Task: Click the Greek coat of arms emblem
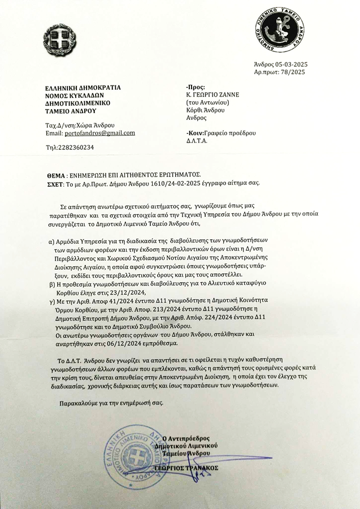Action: pyautogui.click(x=59, y=40)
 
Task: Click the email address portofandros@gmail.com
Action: pyautogui.click(x=99, y=133)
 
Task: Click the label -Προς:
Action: pyautogui.click(x=195, y=88)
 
